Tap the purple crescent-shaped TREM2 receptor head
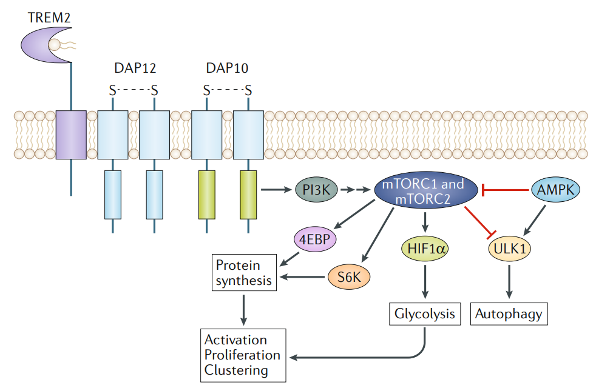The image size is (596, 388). coord(40,47)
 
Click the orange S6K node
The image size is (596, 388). coord(349,278)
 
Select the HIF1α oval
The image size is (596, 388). coord(425,248)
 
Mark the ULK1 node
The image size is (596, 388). coord(509,249)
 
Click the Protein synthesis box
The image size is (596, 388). coord(241,273)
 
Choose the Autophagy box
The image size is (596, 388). coord(509,314)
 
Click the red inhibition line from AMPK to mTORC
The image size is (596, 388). coord(507,191)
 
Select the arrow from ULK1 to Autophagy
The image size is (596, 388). coord(509,281)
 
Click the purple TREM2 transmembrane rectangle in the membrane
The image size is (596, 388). coord(71,135)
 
